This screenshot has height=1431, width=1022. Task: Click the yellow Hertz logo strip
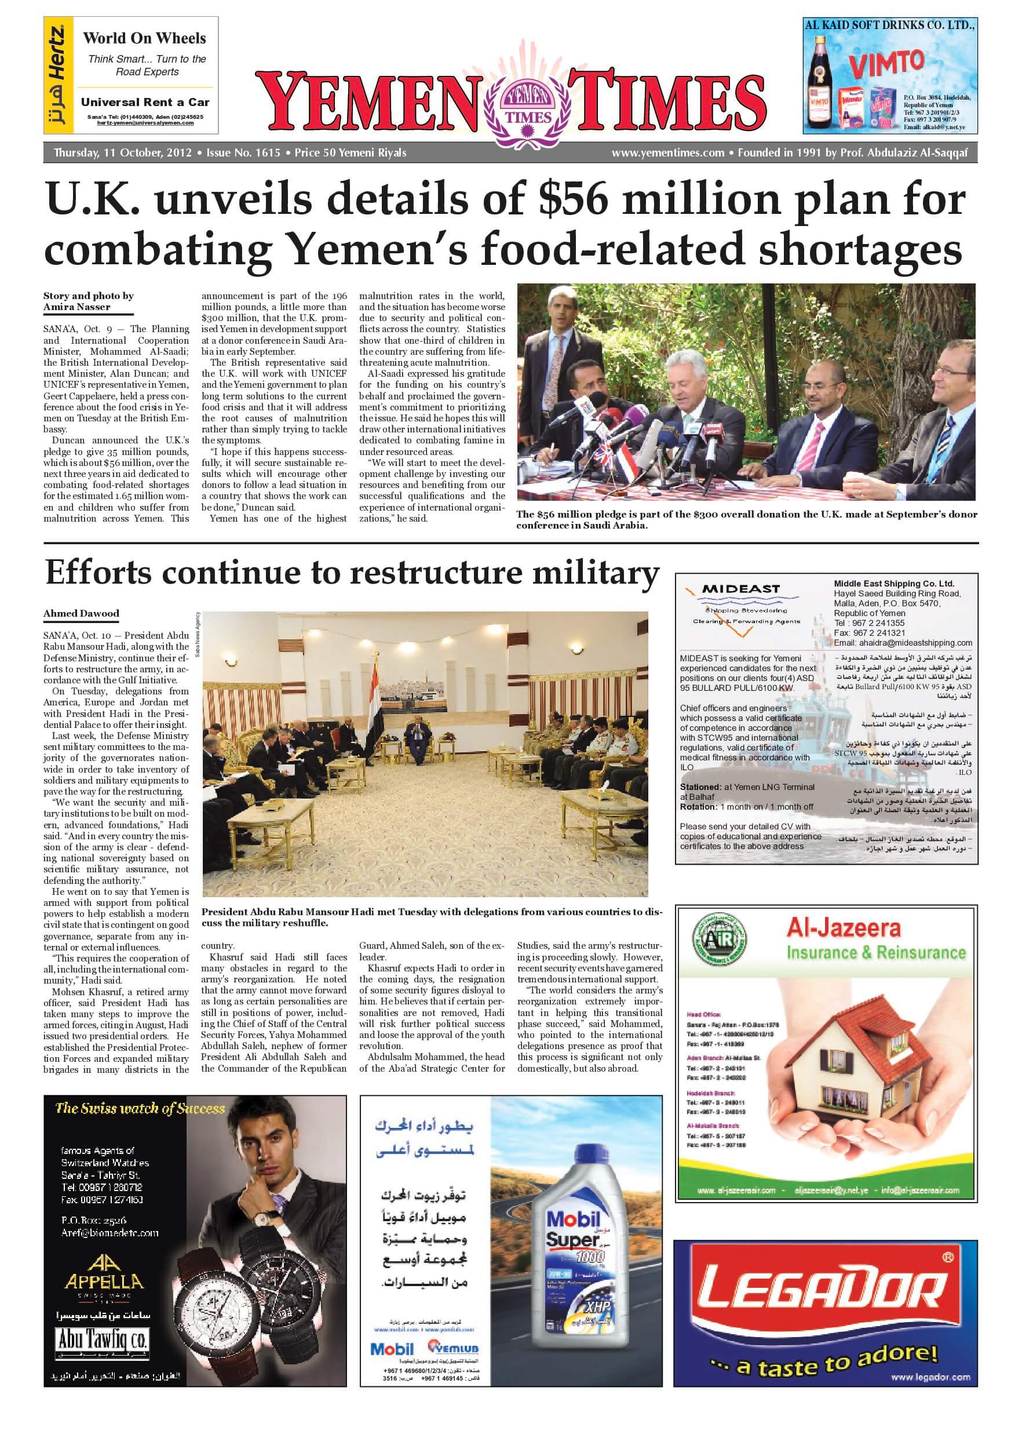(57, 75)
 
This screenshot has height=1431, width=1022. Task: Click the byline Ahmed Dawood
(81, 613)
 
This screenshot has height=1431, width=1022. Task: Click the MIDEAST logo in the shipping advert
(740, 589)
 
